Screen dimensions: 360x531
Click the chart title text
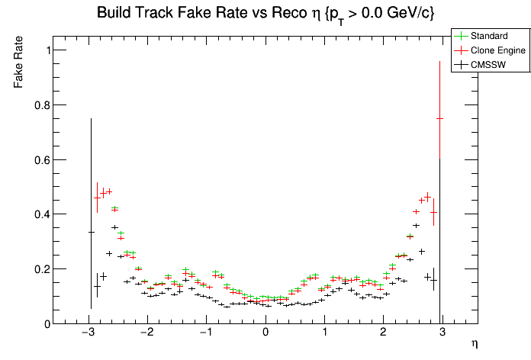(x=265, y=13)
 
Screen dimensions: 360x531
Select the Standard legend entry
(x=489, y=36)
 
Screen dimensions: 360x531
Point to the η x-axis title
(x=474, y=344)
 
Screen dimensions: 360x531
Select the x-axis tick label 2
(x=384, y=333)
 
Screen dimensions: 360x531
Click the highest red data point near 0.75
(x=439, y=118)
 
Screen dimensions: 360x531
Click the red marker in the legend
(x=461, y=50)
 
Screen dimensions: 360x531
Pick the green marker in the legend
(x=461, y=36)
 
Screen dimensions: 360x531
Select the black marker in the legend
(x=461, y=65)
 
